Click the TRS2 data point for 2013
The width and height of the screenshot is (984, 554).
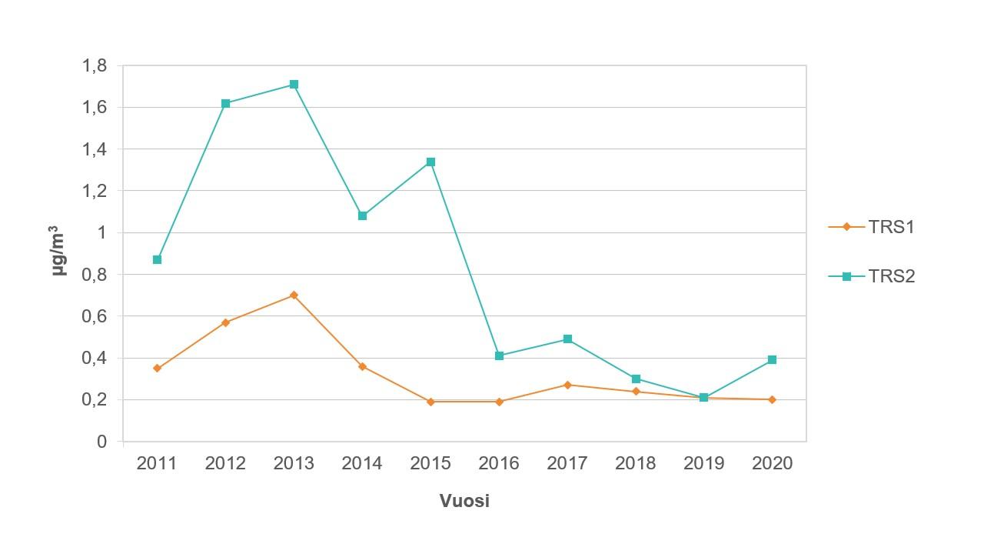(294, 85)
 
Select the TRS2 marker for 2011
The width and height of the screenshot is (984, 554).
(157, 260)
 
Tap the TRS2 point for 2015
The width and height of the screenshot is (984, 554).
(430, 162)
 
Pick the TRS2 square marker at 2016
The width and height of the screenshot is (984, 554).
(499, 355)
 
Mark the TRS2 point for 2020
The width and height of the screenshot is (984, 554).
(772, 360)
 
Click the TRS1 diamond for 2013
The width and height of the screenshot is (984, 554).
(294, 295)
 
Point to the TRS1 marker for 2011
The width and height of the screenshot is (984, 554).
(157, 369)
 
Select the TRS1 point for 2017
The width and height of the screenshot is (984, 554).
(567, 385)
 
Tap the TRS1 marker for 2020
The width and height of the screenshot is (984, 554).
(772, 400)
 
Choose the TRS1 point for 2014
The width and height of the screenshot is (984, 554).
(362, 366)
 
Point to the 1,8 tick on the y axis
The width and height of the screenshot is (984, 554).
(95, 66)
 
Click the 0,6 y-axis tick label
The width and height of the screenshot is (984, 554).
(95, 316)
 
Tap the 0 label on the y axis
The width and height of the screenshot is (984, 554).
(101, 442)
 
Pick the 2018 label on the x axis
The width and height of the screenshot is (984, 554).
(636, 463)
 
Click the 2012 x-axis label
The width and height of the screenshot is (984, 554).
(225, 463)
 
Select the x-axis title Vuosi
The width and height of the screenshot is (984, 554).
(464, 501)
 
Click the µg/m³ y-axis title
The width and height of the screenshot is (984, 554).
(58, 251)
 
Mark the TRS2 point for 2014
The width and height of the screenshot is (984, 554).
(362, 216)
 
